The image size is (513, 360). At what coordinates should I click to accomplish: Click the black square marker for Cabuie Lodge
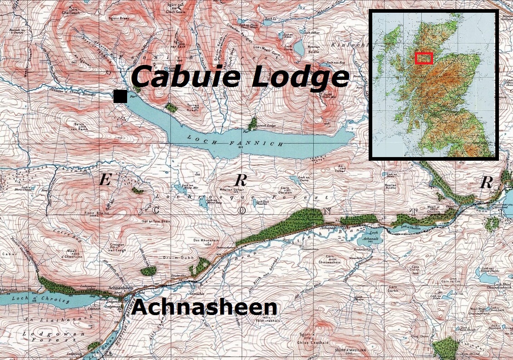[120, 96]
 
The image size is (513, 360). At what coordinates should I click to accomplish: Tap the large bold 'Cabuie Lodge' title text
[240, 76]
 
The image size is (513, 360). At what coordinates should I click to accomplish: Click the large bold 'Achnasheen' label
[204, 307]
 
